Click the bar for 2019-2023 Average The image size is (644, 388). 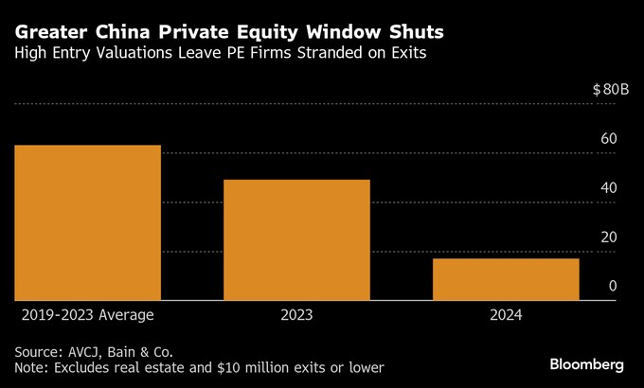click(x=87, y=223)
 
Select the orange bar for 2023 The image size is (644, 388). click(x=296, y=240)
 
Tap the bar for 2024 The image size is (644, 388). click(x=506, y=279)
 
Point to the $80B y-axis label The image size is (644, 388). click(x=610, y=89)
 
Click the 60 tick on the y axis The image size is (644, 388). click(x=608, y=139)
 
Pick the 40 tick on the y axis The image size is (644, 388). click(x=608, y=188)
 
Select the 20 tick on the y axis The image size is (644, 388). click(x=608, y=238)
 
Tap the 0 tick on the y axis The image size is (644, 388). click(x=613, y=286)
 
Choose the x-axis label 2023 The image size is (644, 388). click(x=296, y=314)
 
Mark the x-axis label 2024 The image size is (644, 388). click(x=506, y=314)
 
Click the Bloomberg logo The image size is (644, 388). click(x=587, y=364)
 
